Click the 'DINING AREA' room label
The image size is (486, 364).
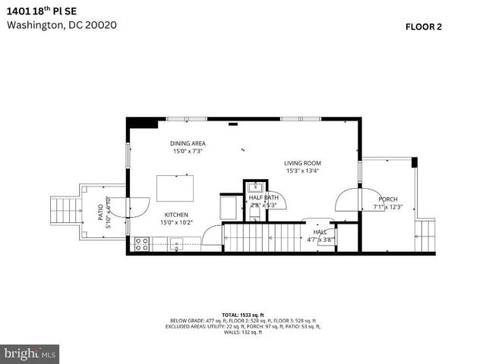188,143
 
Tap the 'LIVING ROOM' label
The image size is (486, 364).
303,163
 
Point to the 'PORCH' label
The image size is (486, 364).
388,199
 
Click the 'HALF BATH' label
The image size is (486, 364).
264,198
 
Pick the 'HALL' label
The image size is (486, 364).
320,232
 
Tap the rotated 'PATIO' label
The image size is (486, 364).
100,212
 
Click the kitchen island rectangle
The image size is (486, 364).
175,187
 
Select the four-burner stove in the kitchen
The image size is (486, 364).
141,243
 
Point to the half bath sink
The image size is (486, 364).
257,186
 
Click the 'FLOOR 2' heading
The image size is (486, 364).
424,27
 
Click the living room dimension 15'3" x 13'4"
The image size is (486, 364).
303,171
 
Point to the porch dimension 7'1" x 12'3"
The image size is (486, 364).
388,207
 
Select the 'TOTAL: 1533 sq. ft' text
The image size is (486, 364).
242,314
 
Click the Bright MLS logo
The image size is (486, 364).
30,353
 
